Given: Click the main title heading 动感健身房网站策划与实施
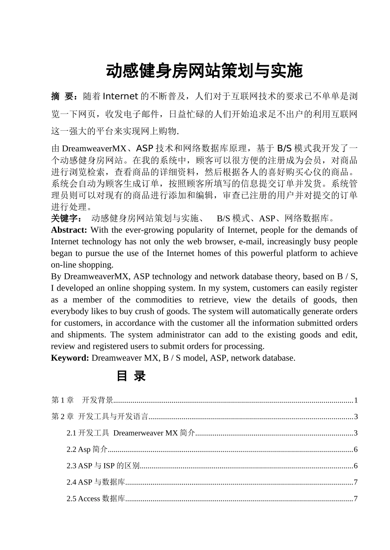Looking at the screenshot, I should (204, 71).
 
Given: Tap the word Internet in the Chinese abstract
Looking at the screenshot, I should (120, 96).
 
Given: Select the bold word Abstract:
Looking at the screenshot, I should (69, 230).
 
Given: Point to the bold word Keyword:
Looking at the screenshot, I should (70, 358).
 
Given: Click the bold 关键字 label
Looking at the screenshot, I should (66, 218).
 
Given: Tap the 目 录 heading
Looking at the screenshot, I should (131, 376).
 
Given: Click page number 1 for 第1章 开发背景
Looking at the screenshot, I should (356, 400).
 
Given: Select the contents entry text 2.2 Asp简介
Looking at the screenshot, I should (87, 450).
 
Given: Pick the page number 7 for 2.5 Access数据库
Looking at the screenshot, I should (356, 499).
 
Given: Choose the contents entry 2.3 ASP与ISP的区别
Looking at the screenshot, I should (103, 466).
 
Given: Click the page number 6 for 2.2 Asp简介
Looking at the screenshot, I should (356, 450).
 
